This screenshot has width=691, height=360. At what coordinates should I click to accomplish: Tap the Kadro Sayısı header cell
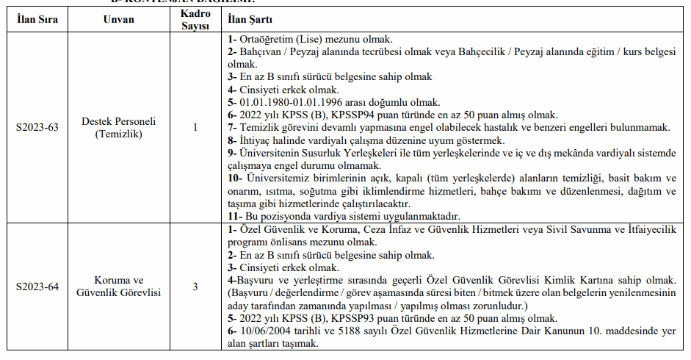click(195, 18)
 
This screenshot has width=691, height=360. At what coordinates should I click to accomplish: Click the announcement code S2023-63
click(37, 127)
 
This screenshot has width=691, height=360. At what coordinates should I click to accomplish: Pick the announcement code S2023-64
click(37, 287)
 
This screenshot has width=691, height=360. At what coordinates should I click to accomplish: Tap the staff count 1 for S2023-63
click(195, 127)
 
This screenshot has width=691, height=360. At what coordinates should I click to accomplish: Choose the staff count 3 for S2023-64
click(195, 287)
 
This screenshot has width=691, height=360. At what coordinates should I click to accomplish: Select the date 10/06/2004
click(265, 331)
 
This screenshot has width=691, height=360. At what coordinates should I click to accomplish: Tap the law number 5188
click(351, 331)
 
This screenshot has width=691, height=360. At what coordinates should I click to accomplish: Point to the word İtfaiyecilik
click(642, 229)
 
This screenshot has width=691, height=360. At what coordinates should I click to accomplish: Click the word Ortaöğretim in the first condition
click(268, 38)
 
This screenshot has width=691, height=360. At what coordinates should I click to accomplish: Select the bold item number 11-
click(235, 216)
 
